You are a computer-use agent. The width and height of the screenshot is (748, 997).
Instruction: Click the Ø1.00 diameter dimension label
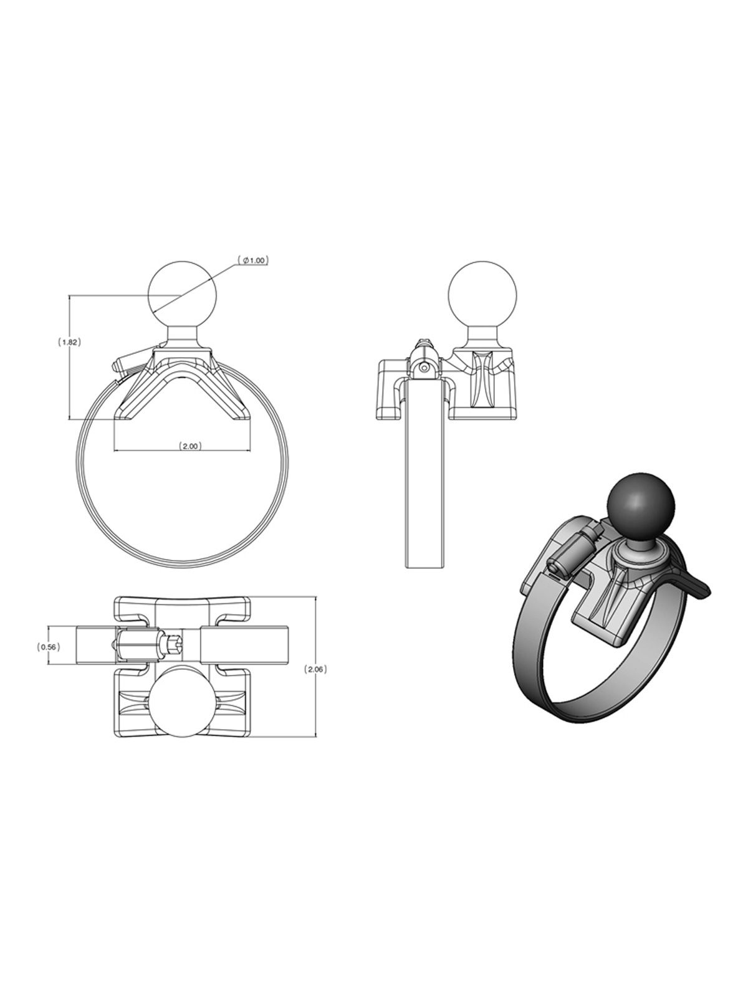coord(253,260)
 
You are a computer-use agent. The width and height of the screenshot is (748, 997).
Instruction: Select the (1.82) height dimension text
coord(69,342)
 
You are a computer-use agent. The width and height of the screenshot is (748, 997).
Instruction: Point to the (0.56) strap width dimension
coord(48,647)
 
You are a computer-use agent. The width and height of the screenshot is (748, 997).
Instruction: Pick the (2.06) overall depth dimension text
coord(315,669)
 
